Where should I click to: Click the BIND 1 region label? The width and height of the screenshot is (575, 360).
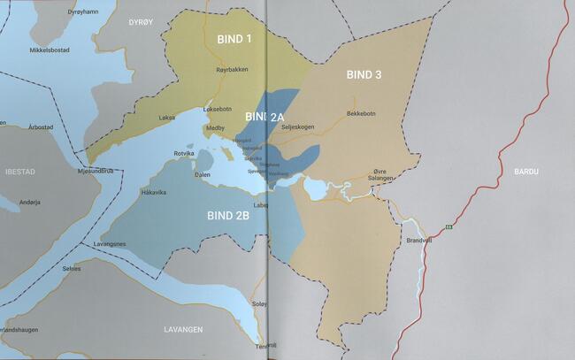pos(234,39)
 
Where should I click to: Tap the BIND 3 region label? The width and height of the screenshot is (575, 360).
pos(364,74)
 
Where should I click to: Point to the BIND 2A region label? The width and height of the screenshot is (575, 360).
pos(264,117)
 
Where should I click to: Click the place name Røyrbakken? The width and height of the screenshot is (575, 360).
pos(232,70)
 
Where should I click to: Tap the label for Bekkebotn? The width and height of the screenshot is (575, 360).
pos(363,113)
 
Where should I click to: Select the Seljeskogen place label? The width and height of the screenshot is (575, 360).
pos(297,126)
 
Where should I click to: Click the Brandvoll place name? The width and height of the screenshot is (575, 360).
pos(418,240)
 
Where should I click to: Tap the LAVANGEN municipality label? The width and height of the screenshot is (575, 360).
pos(183,329)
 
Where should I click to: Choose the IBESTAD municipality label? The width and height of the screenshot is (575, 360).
pos(19,170)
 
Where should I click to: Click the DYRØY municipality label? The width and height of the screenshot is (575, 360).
pos(141,20)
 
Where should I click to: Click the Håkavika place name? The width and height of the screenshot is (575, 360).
pos(154,191)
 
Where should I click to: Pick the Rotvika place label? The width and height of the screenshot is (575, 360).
pos(184,153)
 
